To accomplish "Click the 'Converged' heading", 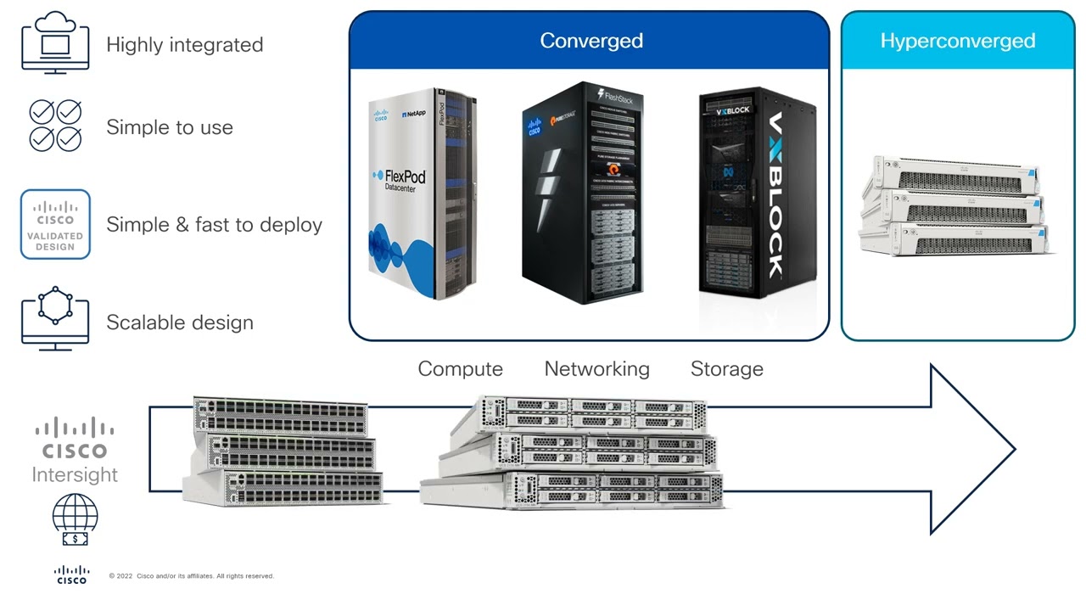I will point(591,41).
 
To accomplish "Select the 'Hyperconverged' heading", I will point(957,41).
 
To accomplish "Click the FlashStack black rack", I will point(583,193).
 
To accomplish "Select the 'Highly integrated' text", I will point(184,45).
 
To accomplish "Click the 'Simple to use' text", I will point(169,127).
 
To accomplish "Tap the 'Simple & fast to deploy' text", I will point(214,225).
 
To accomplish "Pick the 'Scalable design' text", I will point(179,322).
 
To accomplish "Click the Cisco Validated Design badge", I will point(55,224).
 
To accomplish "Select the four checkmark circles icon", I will point(55,126).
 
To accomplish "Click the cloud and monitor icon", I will point(55,42).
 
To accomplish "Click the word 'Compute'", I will point(460,369).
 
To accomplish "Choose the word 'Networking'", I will point(596,369).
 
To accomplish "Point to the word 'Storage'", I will point(726,369).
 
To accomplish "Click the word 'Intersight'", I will point(75,474).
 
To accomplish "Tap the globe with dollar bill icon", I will point(75,520).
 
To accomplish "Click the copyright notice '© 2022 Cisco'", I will point(191,576).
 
